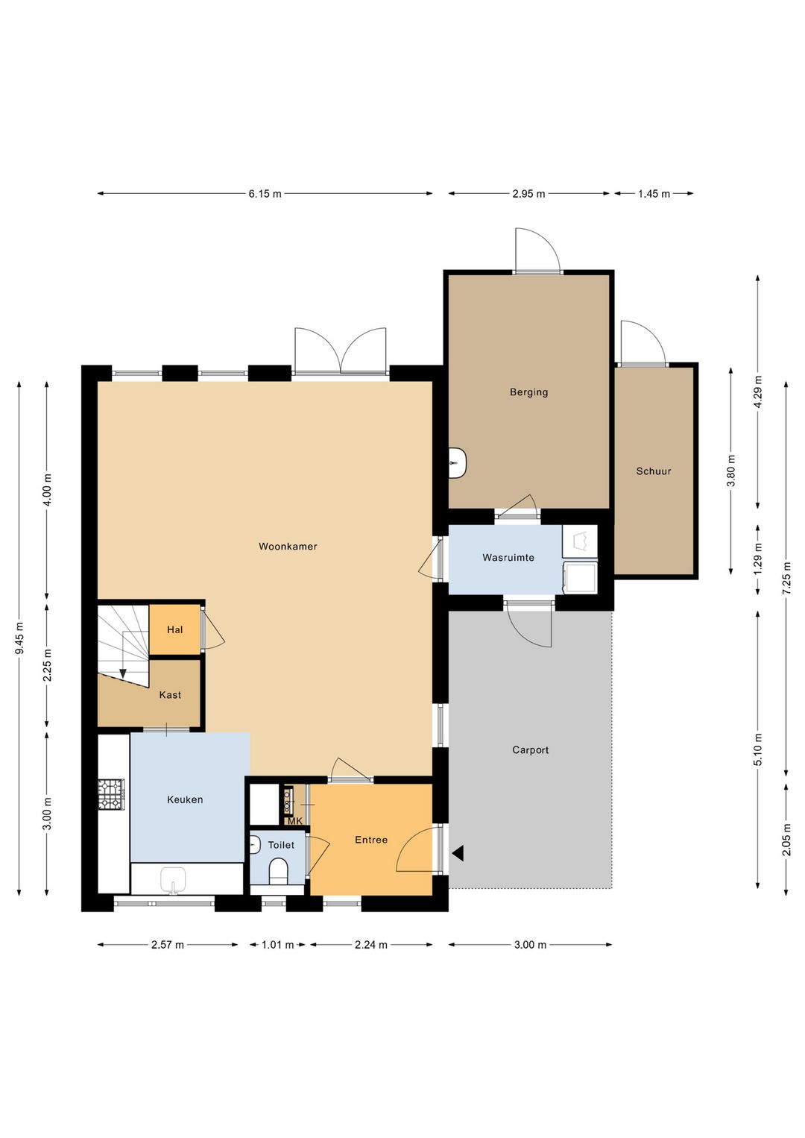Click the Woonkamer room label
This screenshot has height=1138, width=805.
pyautogui.click(x=288, y=547)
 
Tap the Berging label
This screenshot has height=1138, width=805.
pyautogui.click(x=528, y=392)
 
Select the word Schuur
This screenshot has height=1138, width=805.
pyautogui.click(x=654, y=471)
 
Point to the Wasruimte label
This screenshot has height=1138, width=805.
pyautogui.click(x=508, y=558)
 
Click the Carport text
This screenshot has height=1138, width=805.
pyautogui.click(x=530, y=750)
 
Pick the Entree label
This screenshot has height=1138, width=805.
pyautogui.click(x=371, y=840)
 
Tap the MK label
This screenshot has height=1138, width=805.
pyautogui.click(x=295, y=821)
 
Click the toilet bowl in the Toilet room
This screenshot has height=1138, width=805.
pyautogui.click(x=278, y=871)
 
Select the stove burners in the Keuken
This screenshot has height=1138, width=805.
pyautogui.click(x=111, y=794)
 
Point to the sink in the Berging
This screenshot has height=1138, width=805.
pyautogui.click(x=458, y=463)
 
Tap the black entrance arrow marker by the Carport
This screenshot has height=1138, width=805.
pyautogui.click(x=458, y=853)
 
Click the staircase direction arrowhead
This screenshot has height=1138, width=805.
pyautogui.click(x=123, y=673)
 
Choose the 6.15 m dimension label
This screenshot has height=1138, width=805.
pyautogui.click(x=265, y=194)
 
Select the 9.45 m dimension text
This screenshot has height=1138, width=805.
pyautogui.click(x=19, y=638)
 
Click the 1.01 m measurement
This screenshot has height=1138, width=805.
pyautogui.click(x=277, y=945)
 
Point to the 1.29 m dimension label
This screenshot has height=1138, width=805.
pyautogui.click(x=758, y=559)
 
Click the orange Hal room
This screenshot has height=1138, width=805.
pyautogui.click(x=174, y=629)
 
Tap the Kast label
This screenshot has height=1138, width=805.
pyautogui.click(x=170, y=695)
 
